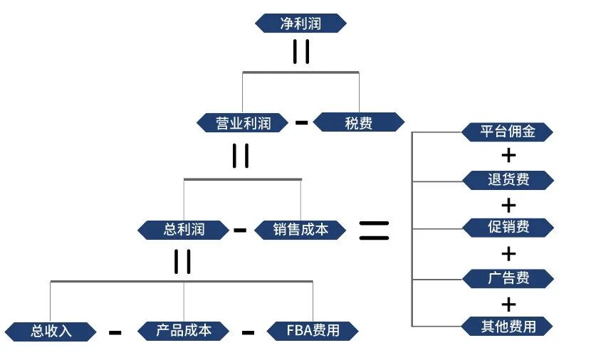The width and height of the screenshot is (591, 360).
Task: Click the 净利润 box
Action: [x=300, y=23]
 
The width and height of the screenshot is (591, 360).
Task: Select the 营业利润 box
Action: [x=244, y=122]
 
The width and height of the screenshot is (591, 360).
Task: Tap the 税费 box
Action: [x=358, y=122]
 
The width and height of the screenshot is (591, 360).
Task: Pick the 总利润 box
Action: [x=184, y=229]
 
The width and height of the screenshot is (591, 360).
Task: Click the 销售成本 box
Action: [x=300, y=229]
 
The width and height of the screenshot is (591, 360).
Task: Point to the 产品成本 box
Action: [x=184, y=330]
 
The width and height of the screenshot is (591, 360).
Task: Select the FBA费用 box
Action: [x=313, y=330]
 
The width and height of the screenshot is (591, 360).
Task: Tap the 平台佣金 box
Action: [x=508, y=132]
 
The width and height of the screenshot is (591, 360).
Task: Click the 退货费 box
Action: [x=508, y=179]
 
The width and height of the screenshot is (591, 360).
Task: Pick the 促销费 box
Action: [x=508, y=228]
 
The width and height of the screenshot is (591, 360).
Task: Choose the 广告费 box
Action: [x=508, y=277]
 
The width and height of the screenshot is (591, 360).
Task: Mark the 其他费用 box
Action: [x=508, y=326]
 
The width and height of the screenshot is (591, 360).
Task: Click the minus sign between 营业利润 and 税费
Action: [x=301, y=122]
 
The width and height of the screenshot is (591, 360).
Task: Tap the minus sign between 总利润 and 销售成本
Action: [x=240, y=230]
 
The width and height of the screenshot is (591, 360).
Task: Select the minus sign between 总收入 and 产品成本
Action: [x=115, y=332]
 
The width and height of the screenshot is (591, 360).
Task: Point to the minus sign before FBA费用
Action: [x=248, y=332]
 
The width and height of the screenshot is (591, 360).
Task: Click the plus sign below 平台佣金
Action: [x=508, y=155]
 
